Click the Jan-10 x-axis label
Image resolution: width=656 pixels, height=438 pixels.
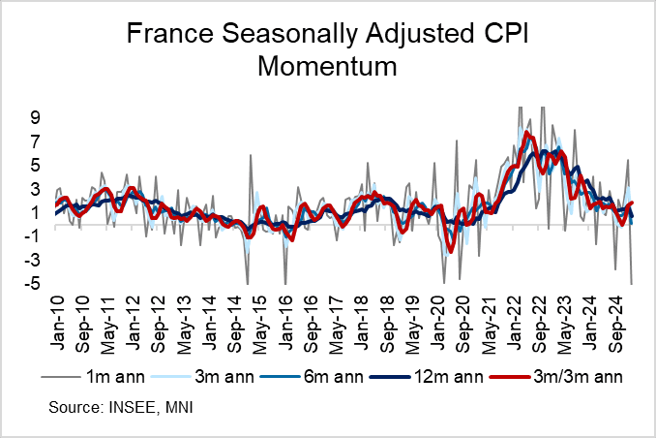(57, 316)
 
